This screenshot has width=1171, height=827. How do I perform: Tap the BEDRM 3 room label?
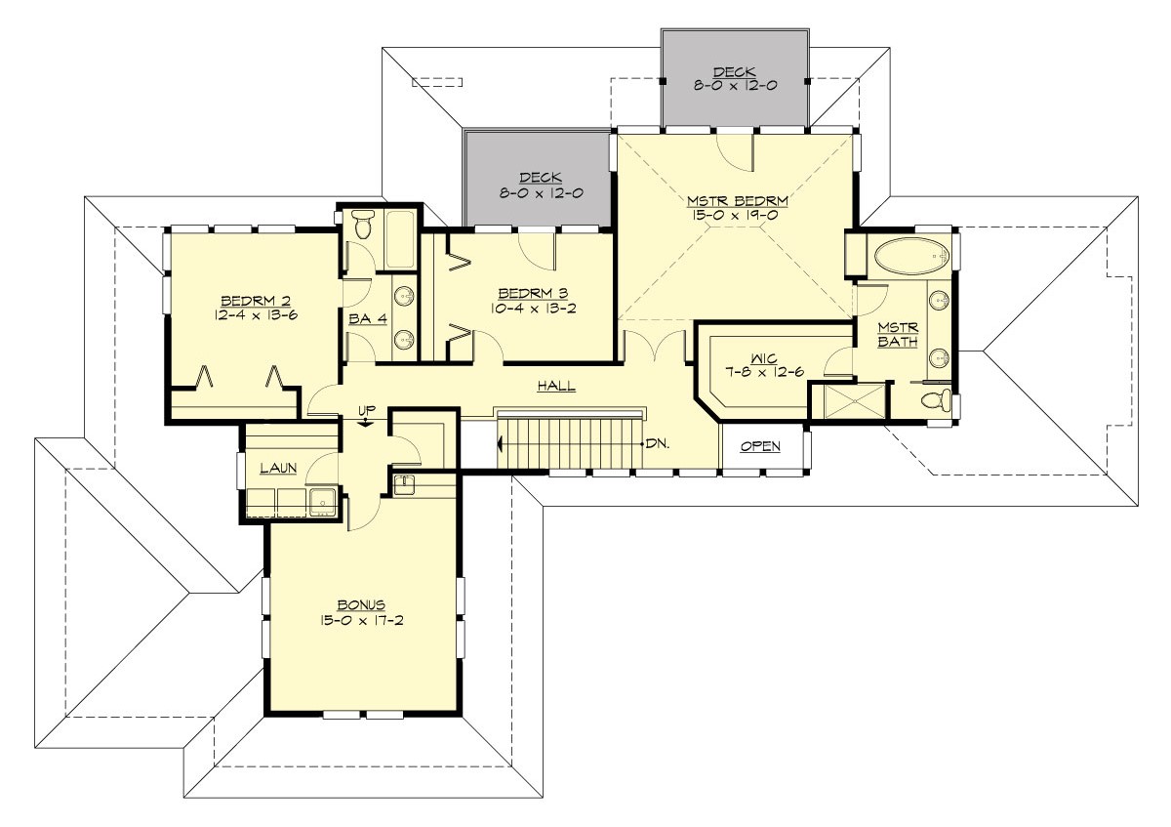click(x=532, y=293)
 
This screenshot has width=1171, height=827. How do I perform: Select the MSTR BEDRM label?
click(x=737, y=202)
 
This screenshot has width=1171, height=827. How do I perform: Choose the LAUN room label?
click(x=277, y=469)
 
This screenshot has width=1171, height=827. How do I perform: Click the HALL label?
click(x=556, y=387)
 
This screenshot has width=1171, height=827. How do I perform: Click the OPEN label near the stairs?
click(x=760, y=447)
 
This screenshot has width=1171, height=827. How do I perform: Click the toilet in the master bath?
click(x=937, y=400)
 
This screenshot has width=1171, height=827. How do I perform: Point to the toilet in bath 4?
click(x=363, y=226)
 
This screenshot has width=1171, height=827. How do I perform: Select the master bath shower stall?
click(x=849, y=401)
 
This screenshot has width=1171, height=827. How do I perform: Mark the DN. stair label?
click(x=657, y=443)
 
